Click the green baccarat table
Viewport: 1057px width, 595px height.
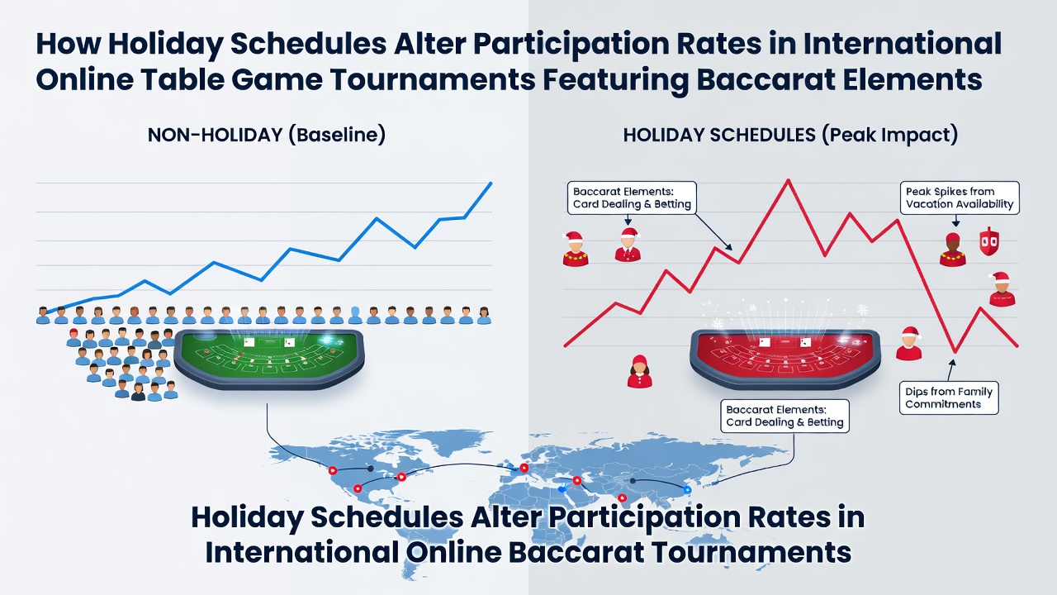[x=269, y=359]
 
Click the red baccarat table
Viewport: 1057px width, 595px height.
[x=784, y=359]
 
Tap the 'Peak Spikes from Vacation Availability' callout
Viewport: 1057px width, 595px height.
[x=960, y=198]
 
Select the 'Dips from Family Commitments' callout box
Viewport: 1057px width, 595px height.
[x=949, y=398]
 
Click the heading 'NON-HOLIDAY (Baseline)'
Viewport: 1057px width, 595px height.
[x=267, y=135]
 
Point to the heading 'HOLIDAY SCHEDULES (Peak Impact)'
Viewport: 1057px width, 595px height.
[x=790, y=135]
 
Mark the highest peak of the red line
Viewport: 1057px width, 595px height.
[x=788, y=180]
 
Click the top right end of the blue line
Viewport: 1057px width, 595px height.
[x=491, y=183]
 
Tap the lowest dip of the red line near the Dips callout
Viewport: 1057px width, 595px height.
[x=955, y=352]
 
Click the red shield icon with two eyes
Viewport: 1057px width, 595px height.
[x=989, y=241]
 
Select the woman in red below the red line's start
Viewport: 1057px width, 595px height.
[x=639, y=372]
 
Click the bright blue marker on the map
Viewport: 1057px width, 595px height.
[x=687, y=490]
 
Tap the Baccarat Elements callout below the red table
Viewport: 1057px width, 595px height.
[x=784, y=416]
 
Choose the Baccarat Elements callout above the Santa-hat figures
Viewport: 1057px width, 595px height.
[x=632, y=198]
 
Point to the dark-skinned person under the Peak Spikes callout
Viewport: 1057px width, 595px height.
[x=953, y=250]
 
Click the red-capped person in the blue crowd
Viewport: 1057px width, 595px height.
[x=73, y=338]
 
